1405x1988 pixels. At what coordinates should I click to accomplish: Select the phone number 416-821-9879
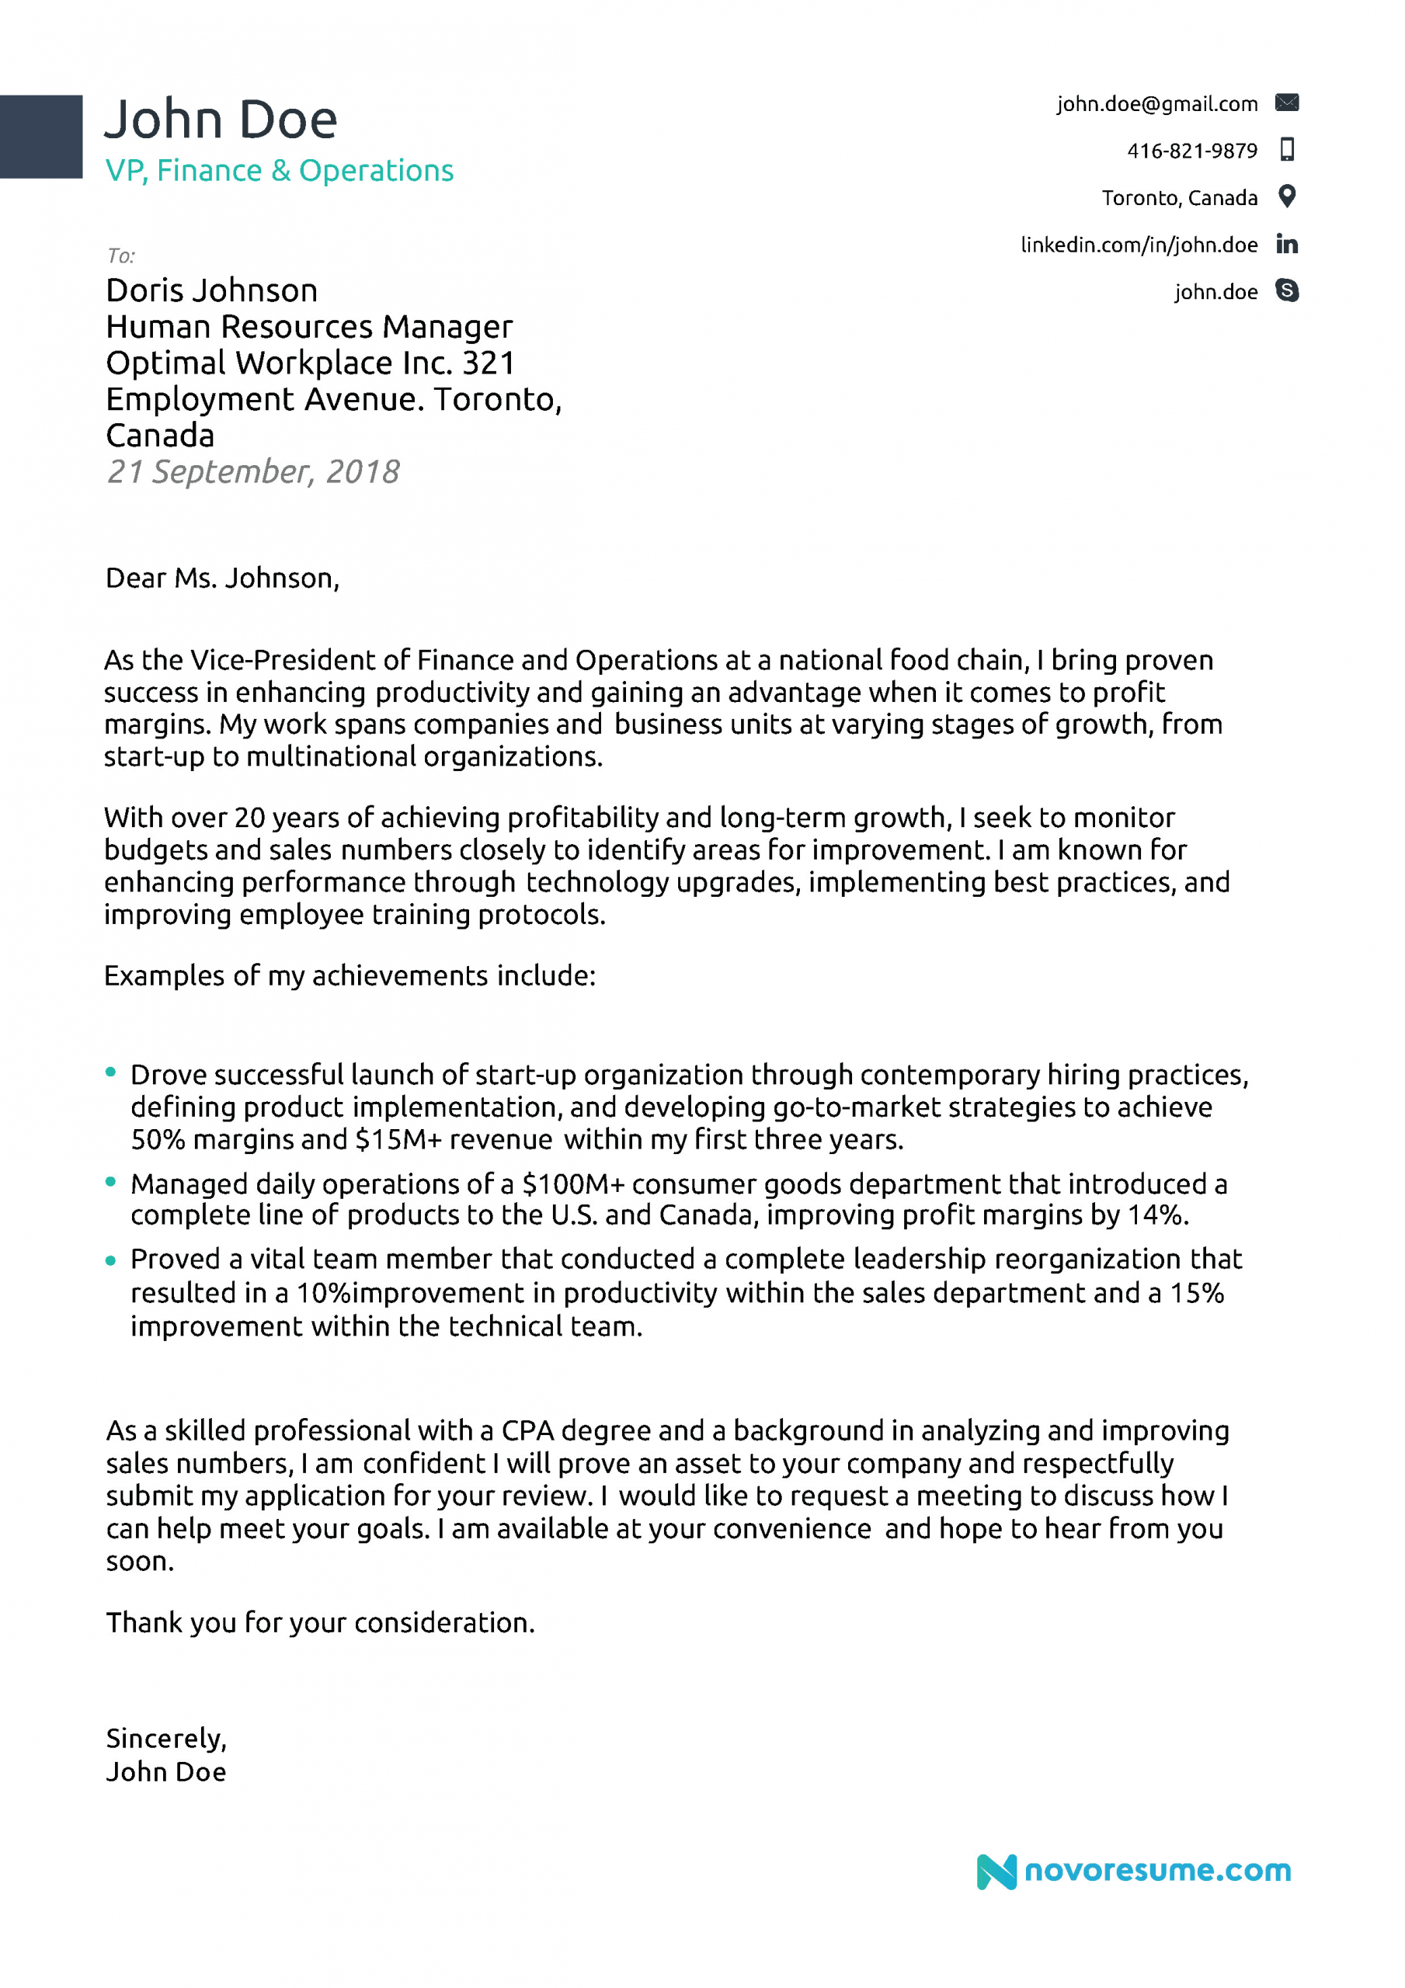[x=1191, y=151]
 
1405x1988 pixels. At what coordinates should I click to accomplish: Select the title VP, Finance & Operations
[x=279, y=171]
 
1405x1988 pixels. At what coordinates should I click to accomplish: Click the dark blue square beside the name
[x=40, y=137]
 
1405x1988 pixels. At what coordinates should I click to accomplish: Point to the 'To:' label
[x=121, y=255]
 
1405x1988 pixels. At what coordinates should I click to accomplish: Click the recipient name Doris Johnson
[x=211, y=290]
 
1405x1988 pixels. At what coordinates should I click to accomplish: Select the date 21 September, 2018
[x=252, y=471]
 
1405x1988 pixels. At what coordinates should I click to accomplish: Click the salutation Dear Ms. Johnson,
[x=222, y=578]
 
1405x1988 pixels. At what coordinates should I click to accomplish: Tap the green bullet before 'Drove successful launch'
[x=111, y=1072]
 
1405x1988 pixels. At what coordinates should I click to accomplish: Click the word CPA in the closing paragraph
[x=527, y=1430]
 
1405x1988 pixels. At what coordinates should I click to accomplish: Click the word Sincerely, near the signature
[x=165, y=1739]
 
